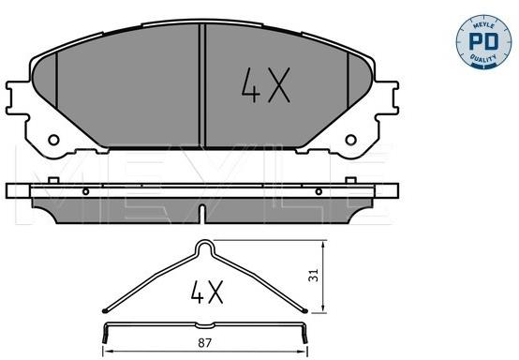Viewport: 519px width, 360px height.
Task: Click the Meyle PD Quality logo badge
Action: pyautogui.click(x=483, y=42)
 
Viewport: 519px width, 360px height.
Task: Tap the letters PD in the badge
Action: pyautogui.click(x=483, y=41)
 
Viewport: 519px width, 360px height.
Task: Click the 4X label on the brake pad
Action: pyautogui.click(x=266, y=85)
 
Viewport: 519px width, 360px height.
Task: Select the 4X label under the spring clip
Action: pyautogui.click(x=207, y=292)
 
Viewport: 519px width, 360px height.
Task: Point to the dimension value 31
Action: pyautogui.click(x=313, y=275)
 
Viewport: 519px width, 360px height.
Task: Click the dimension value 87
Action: pyautogui.click(x=204, y=343)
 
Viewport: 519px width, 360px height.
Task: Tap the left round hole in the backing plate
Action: pyautogui.click(x=53, y=140)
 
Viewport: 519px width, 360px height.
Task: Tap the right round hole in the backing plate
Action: pyautogui.click(x=351, y=140)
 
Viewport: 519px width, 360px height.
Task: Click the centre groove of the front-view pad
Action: pyautogui.click(x=202, y=85)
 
